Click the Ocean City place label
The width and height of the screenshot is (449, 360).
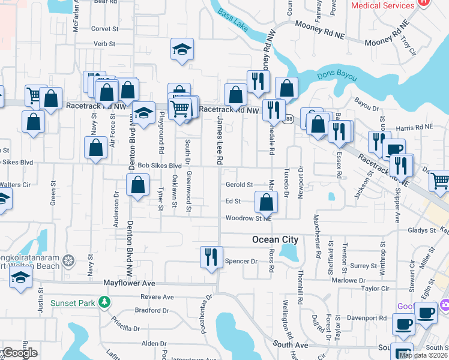coord(274,239)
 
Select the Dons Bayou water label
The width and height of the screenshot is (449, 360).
coord(336,77)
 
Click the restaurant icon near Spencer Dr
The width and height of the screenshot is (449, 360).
coord(211,257)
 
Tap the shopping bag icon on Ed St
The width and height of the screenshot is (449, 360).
coord(266,202)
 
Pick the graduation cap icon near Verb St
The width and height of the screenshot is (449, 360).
coord(182,49)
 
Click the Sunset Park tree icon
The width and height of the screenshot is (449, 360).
coord(105,302)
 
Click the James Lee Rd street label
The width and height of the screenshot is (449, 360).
coord(220,142)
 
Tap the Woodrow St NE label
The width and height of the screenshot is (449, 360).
coord(249,218)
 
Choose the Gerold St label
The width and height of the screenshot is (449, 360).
coord(239,185)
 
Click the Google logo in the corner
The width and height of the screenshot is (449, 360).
coord(19,353)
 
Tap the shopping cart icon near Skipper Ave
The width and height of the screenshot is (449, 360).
coord(440,180)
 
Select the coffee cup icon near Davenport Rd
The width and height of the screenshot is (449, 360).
coord(403,325)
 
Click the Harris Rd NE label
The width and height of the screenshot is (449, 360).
coord(414,127)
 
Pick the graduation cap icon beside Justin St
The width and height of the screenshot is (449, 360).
coord(20,278)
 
